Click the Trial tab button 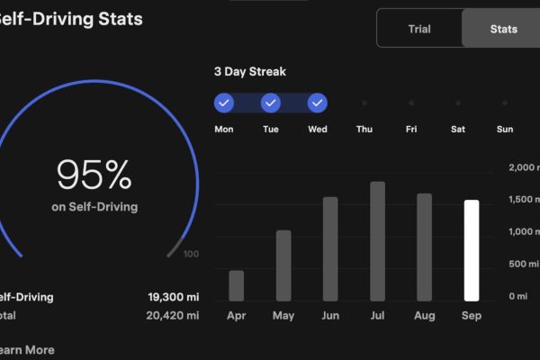pos(419,29)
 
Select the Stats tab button pos(503,29)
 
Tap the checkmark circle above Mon pos(224,103)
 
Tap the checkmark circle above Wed pos(318,103)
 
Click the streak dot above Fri pos(411,103)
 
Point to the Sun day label pos(505,130)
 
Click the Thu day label pos(364,130)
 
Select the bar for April pos(237,285)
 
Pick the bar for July pos(377,241)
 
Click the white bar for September pos(471,250)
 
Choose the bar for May pos(283,265)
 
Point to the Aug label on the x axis pos(424,316)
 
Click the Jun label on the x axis pos(330,316)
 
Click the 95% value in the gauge pos(94,175)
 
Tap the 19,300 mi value pos(174,297)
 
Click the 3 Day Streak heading pos(250,71)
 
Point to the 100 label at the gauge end pos(191,255)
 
